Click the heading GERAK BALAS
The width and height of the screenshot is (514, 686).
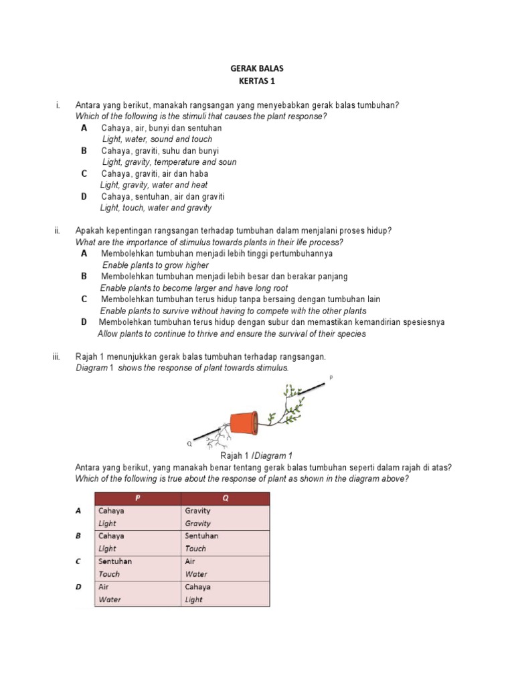click(256, 69)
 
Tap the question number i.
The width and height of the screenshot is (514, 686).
click(58, 105)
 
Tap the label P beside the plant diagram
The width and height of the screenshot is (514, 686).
click(331, 379)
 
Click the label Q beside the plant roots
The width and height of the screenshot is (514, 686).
click(189, 443)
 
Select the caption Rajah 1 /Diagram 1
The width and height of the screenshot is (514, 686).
click(257, 456)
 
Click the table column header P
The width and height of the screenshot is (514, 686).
click(138, 498)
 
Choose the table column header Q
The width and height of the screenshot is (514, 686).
click(226, 498)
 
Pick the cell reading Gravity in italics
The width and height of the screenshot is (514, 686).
click(197, 523)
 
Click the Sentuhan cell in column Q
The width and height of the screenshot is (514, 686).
click(201, 536)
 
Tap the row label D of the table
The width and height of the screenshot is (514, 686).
click(78, 587)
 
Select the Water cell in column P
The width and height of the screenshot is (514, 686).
click(110, 600)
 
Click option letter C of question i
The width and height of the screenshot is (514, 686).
click(84, 174)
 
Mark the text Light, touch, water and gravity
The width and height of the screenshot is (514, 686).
click(155, 208)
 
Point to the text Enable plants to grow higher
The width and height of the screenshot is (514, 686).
click(155, 265)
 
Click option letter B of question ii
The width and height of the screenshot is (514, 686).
click(84, 276)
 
